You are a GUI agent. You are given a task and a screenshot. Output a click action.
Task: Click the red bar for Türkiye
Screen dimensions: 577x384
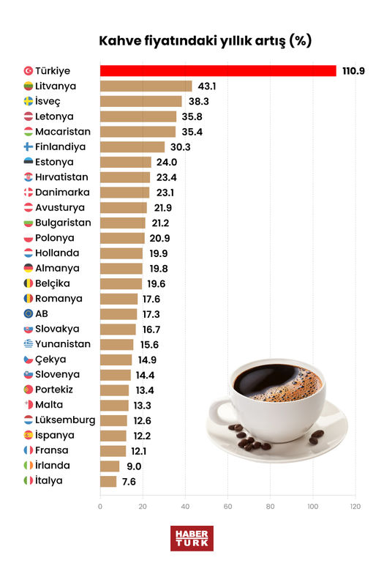(x=217, y=71)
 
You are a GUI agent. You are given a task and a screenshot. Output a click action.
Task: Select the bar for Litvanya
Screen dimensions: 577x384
(x=146, y=86)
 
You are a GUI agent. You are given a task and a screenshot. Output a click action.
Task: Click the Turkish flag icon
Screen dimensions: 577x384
(x=28, y=71)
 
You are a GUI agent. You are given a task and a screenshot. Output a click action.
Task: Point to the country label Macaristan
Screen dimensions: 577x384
(x=63, y=132)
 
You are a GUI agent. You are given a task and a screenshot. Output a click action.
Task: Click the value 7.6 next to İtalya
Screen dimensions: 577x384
(x=128, y=481)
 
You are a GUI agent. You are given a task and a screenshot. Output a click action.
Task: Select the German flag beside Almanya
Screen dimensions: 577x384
(x=28, y=269)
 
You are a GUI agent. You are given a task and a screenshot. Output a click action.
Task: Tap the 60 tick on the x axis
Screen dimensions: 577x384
(x=228, y=506)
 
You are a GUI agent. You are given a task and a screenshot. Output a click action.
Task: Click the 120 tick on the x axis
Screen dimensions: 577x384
(x=355, y=506)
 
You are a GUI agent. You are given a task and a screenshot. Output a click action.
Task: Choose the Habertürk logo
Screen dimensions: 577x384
(x=190, y=538)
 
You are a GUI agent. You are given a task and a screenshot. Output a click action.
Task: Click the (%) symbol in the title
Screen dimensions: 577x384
(x=299, y=41)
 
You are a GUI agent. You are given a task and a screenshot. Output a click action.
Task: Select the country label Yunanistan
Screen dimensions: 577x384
(x=63, y=344)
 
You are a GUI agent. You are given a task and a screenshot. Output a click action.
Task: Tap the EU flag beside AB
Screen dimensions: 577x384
(x=28, y=314)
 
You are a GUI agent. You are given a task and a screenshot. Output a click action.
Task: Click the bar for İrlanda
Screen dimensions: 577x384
(x=109, y=466)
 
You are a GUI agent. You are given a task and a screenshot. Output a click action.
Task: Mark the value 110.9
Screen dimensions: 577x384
(x=355, y=71)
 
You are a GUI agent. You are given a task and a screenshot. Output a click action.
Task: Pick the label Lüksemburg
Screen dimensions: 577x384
(x=65, y=420)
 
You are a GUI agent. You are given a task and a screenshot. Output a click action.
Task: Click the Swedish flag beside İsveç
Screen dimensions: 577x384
(x=28, y=102)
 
